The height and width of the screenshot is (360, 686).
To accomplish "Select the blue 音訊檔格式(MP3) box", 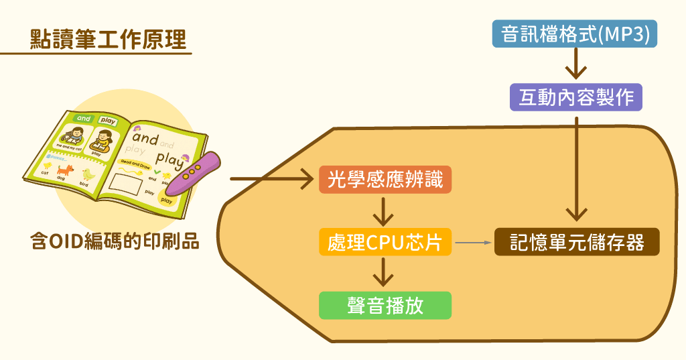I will tap(575, 34).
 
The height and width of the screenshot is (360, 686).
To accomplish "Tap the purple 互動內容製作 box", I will tap(575, 97).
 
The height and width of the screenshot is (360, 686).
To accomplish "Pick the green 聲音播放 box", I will tap(385, 306).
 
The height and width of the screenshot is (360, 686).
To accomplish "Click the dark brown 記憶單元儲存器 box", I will tap(577, 242).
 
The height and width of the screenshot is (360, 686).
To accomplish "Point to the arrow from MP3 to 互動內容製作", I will tap(575, 65).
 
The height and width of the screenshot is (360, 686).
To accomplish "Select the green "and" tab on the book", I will tap(84, 119).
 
